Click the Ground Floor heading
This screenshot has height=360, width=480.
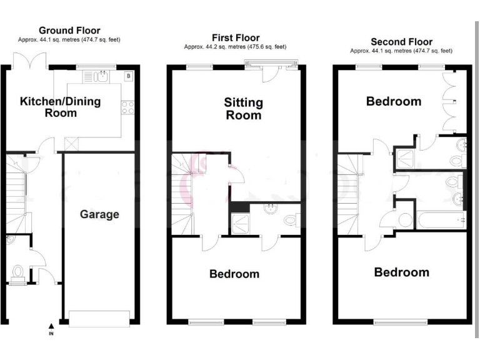point(69,30)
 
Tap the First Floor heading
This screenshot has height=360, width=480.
point(236,38)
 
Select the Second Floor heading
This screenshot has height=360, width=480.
point(401,42)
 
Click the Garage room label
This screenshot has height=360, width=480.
point(99,214)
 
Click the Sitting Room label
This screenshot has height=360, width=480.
point(244,109)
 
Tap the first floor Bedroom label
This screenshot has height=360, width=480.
point(234,274)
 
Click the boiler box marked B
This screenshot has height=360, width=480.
point(128,76)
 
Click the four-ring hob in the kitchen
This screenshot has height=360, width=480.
point(128,107)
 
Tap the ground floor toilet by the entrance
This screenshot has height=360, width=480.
point(17,272)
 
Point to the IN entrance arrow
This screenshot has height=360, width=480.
point(51,326)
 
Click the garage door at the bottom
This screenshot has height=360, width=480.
point(100,315)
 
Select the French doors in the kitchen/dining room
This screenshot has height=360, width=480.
point(31,61)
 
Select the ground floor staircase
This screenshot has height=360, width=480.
point(17,187)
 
